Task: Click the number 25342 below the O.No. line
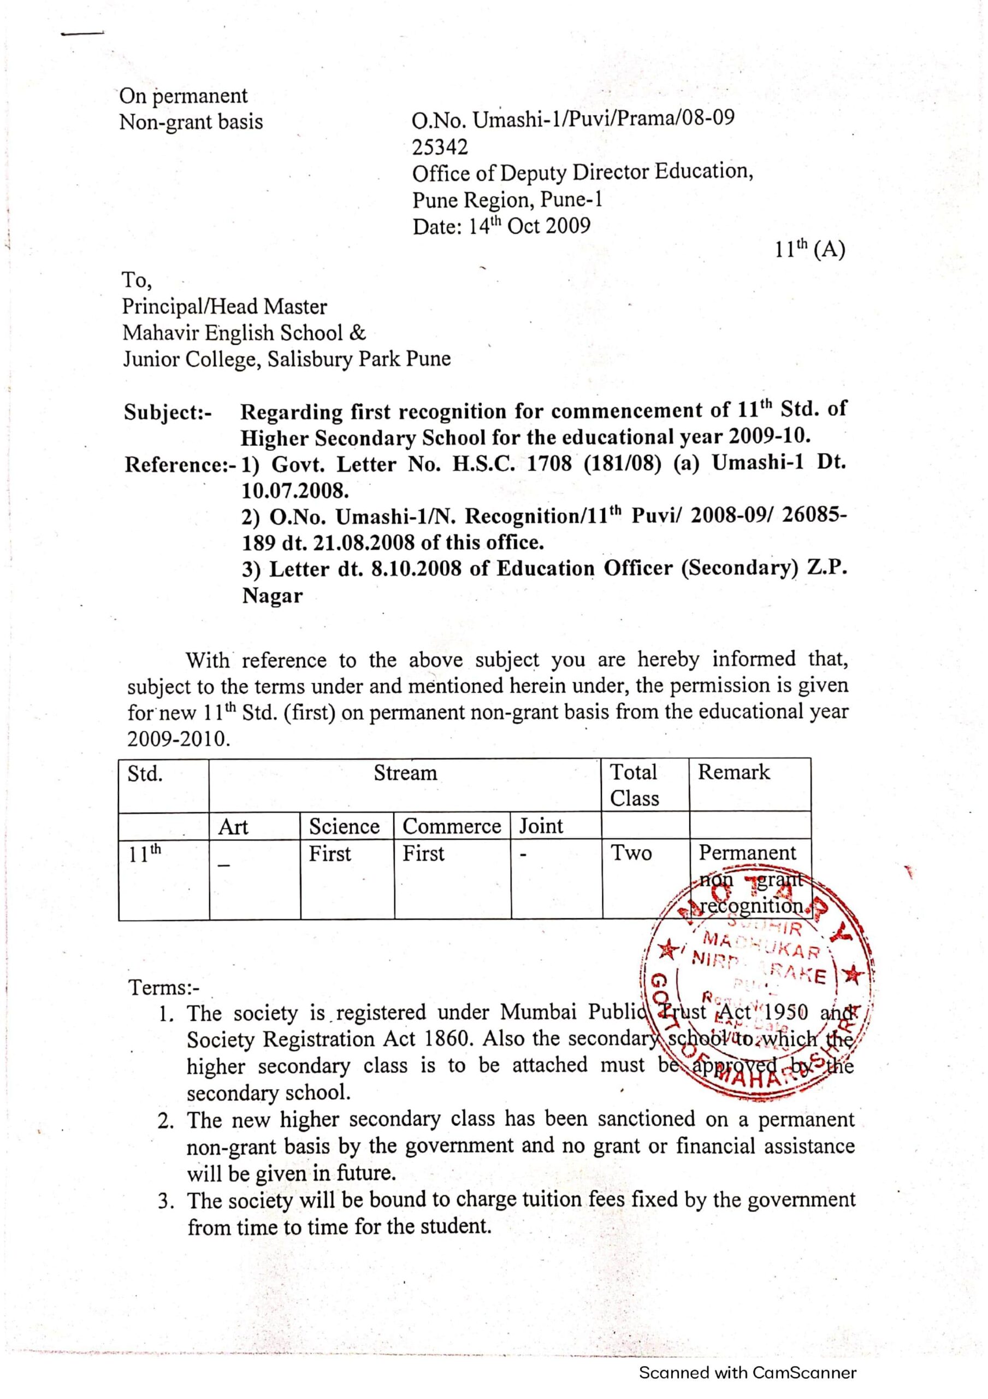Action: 440,147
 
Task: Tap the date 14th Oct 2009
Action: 529,226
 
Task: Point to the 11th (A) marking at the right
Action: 809,249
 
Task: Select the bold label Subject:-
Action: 168,413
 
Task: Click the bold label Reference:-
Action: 180,465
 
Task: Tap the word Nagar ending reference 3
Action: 273,595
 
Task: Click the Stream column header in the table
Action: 405,773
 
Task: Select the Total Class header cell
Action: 634,785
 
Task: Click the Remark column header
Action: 733,772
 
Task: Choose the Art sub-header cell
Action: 233,827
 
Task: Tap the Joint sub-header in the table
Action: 541,826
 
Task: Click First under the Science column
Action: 329,854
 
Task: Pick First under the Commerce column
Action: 423,854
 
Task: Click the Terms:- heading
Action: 164,987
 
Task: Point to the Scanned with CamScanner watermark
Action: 747,1372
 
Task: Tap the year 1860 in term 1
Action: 444,1039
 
